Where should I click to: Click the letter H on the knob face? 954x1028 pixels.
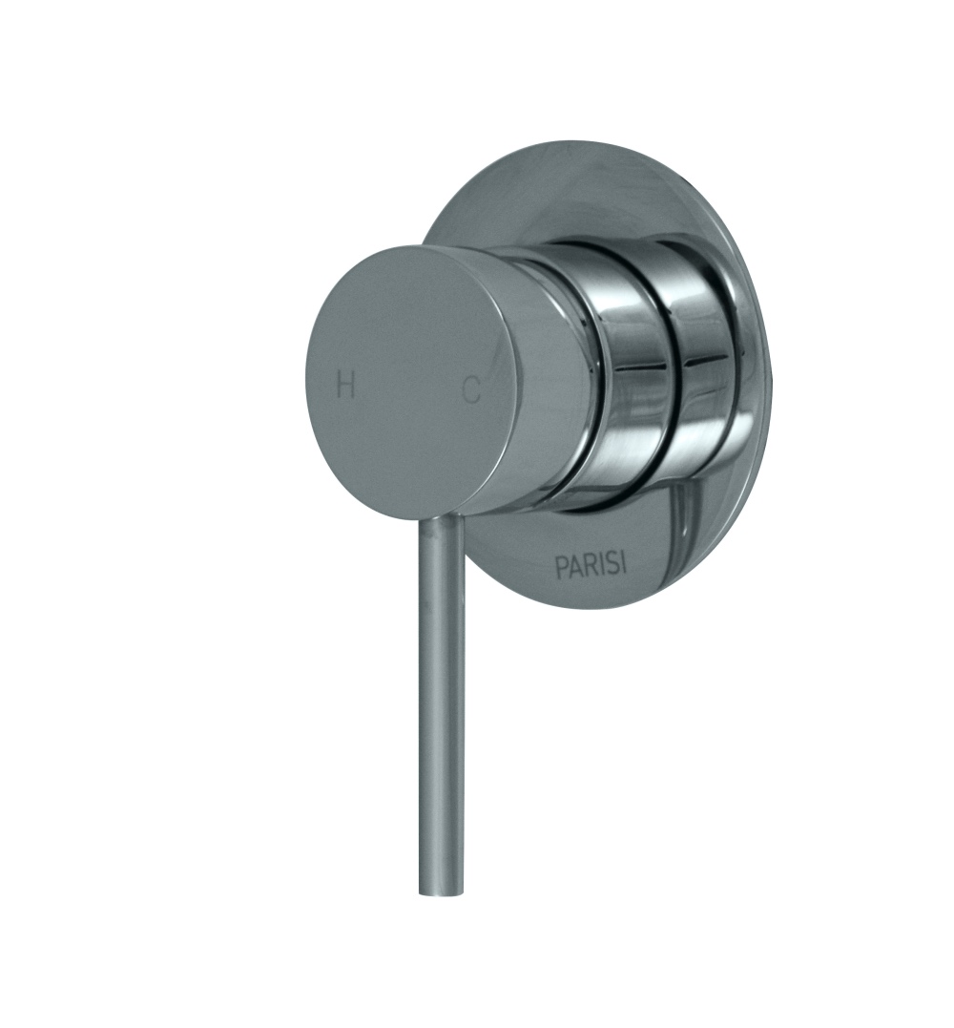point(346,386)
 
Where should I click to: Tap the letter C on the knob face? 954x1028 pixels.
point(471,390)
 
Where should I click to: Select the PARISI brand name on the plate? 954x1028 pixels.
point(591,565)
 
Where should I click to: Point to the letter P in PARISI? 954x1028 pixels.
point(561,567)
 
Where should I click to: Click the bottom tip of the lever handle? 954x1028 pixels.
point(441,892)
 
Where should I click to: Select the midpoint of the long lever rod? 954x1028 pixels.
point(442,706)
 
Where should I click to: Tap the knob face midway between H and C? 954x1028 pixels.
point(408,388)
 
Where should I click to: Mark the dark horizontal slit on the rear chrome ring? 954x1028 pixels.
point(708,360)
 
